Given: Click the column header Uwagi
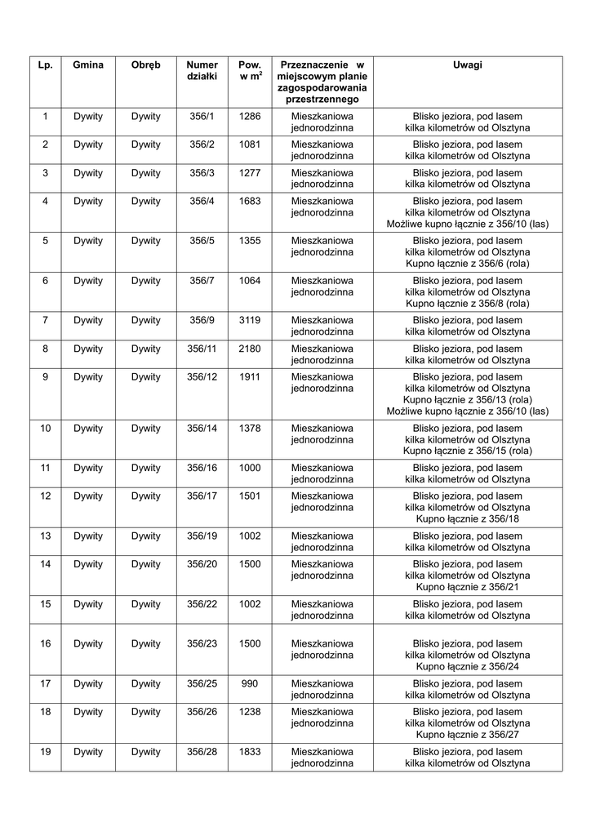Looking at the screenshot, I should pyautogui.click(x=468, y=64).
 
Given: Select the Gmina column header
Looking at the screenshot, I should pyautogui.click(x=87, y=64).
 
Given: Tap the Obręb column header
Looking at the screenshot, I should pyautogui.click(x=146, y=64).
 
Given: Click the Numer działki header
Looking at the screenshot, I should pyautogui.click(x=202, y=70).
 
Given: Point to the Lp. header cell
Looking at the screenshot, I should pyautogui.click(x=45, y=64).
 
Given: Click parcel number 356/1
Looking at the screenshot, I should pyautogui.click(x=202, y=116).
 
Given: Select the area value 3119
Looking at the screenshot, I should pyautogui.click(x=250, y=320).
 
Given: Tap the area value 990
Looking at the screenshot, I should pyautogui.click(x=250, y=683).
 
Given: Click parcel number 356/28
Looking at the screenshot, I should pyautogui.click(x=202, y=751).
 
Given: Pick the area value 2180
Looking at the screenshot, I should pyautogui.click(x=250, y=349).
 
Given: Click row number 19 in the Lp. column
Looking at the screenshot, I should pyautogui.click(x=45, y=751).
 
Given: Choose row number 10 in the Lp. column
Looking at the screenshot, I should pyautogui.click(x=45, y=428).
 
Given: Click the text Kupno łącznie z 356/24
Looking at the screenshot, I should pyautogui.click(x=468, y=666).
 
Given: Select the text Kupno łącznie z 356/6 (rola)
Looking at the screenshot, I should pyautogui.click(x=468, y=264).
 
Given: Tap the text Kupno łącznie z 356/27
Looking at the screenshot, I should pyautogui.click(x=468, y=734).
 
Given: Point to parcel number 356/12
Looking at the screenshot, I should pyautogui.click(x=202, y=377).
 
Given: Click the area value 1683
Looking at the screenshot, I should pyautogui.click(x=250, y=201).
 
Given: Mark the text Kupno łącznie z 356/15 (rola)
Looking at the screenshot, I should pyautogui.click(x=468, y=451).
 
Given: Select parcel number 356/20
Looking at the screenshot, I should pyautogui.click(x=202, y=564).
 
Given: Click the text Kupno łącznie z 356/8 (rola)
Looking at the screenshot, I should pyautogui.click(x=468, y=303).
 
